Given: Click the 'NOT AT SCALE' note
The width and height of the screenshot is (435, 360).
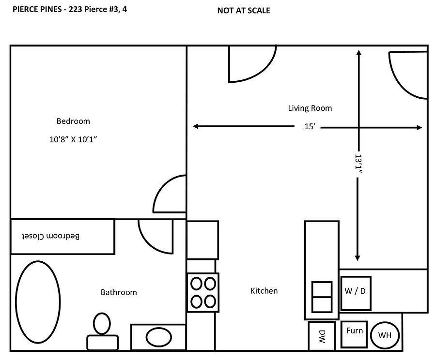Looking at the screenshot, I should click(x=244, y=11).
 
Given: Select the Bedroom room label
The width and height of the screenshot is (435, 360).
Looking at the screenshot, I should click(x=73, y=121).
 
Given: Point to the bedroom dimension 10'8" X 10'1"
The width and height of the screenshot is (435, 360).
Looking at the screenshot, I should click(x=74, y=139).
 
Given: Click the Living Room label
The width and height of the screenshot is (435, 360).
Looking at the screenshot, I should click(x=310, y=108).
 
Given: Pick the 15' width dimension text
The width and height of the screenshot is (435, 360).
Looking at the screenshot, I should click(x=310, y=127).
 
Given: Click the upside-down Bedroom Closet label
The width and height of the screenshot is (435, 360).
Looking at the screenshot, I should click(x=50, y=236).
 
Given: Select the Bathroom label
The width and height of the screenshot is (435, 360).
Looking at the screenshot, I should click(x=119, y=292).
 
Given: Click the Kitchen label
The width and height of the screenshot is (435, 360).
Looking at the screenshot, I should click(x=264, y=291).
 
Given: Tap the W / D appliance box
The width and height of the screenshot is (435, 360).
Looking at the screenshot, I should click(x=356, y=293).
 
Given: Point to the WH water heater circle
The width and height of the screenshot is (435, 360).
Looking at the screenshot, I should click(x=385, y=335).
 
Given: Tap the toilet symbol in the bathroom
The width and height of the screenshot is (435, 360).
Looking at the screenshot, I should click(x=102, y=329).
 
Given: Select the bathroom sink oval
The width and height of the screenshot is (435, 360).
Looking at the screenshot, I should click(x=158, y=337).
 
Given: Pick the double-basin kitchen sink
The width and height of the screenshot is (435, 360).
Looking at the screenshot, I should click(x=321, y=297).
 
